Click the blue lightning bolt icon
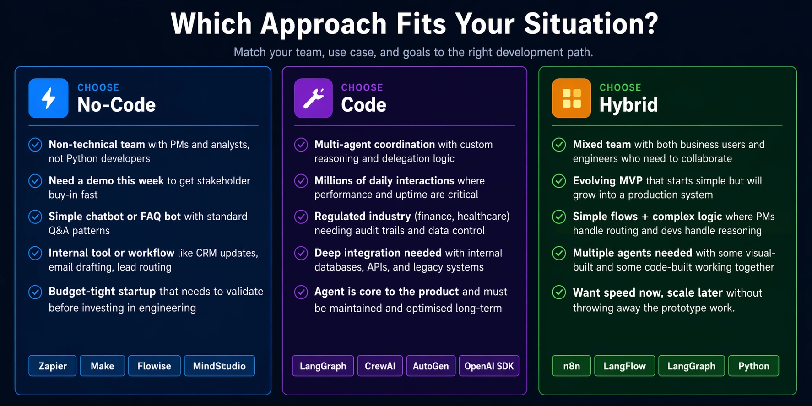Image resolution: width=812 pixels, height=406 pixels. (x=49, y=98)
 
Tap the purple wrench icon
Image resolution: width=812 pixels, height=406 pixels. (x=314, y=98)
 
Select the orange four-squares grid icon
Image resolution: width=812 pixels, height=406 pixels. (x=571, y=98)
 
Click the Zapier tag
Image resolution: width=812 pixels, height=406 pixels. (x=53, y=366)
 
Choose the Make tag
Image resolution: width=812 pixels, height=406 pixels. (x=102, y=366)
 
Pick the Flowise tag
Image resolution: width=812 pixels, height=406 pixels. (x=154, y=366)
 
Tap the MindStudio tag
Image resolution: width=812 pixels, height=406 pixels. (x=219, y=366)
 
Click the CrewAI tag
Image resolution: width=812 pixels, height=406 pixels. (x=380, y=366)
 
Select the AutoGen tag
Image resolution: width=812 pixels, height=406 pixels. (x=431, y=366)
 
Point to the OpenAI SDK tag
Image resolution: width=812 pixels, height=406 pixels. (x=489, y=366)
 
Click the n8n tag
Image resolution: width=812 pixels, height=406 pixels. (x=571, y=366)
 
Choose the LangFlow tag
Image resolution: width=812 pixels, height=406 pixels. (x=624, y=366)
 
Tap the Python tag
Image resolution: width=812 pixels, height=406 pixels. (x=753, y=366)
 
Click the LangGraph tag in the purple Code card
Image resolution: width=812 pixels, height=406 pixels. (x=323, y=366)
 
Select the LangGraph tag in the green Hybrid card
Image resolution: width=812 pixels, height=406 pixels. (x=691, y=366)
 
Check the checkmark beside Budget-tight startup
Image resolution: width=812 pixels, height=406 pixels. (x=35, y=292)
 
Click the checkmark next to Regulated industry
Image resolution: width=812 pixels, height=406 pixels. (x=301, y=217)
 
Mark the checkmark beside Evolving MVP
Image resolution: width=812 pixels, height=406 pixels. (x=559, y=181)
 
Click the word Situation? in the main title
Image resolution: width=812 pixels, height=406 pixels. (x=591, y=24)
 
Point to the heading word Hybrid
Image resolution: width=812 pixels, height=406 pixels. (x=628, y=105)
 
